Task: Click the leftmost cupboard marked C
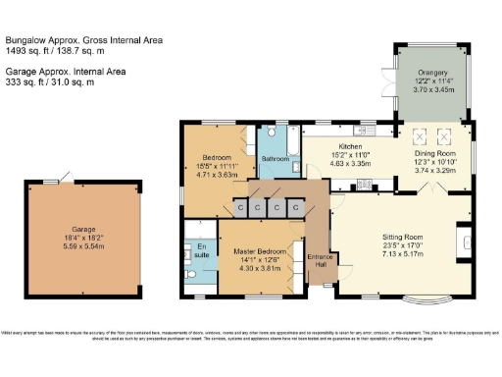240,209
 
